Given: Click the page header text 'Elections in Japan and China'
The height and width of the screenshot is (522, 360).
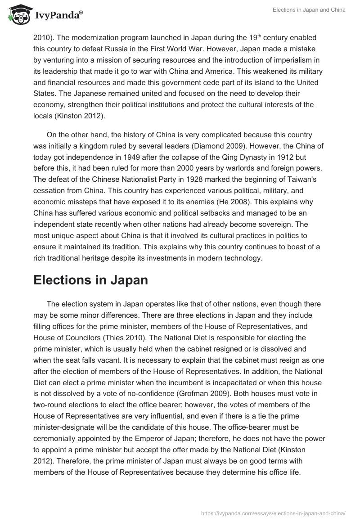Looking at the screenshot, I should point(309,10).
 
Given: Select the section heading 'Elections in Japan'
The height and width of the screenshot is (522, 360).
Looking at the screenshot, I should point(90,280).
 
